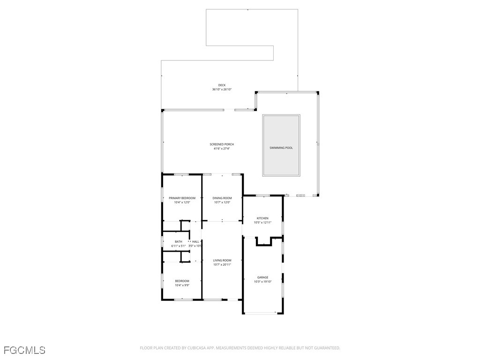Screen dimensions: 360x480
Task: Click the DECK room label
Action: [x=222, y=85]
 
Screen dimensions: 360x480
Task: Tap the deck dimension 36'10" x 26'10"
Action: [x=222, y=90]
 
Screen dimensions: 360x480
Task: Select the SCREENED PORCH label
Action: [x=222, y=144]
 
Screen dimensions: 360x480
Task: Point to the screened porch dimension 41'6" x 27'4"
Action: [x=222, y=149]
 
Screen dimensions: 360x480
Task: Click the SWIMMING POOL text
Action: [x=281, y=148]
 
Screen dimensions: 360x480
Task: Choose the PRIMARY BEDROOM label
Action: [x=182, y=198]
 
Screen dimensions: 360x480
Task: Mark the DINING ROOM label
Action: [x=222, y=198]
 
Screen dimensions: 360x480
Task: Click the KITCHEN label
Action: [x=262, y=218]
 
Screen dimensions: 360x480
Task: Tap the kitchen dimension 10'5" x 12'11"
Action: [x=262, y=223]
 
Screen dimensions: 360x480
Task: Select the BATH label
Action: [x=179, y=241]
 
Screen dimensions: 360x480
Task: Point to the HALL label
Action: [x=195, y=241]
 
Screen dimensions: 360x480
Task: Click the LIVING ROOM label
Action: [x=222, y=261]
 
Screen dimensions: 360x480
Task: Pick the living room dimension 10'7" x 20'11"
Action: [x=222, y=265]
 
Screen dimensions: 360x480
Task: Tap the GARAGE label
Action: [x=262, y=277]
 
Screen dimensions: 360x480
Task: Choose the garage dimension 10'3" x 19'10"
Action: [x=262, y=282]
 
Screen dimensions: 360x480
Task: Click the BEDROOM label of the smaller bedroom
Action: [x=182, y=281]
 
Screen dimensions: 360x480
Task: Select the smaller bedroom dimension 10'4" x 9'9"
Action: [x=182, y=285]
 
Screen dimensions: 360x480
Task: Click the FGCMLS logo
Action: [x=24, y=350]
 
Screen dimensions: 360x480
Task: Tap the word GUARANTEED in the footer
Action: [x=324, y=348]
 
